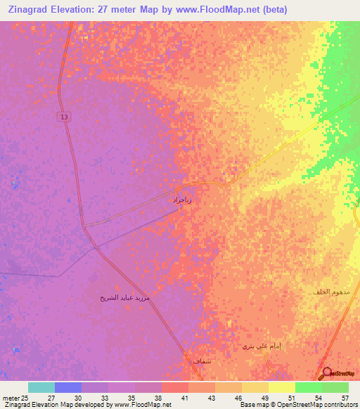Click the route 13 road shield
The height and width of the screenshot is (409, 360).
point(65,117)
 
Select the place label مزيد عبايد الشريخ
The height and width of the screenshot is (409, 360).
point(124,298)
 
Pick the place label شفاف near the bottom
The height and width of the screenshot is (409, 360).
point(201,361)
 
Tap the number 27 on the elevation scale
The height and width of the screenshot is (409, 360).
point(51,397)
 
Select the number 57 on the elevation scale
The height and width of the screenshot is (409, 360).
point(345,397)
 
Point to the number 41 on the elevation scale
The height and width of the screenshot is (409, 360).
point(185,397)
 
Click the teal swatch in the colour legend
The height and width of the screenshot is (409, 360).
point(41,387)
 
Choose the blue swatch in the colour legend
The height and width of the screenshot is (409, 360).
point(68,387)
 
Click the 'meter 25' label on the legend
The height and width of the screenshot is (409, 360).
point(15,397)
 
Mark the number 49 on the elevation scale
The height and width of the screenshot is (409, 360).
point(264,397)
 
